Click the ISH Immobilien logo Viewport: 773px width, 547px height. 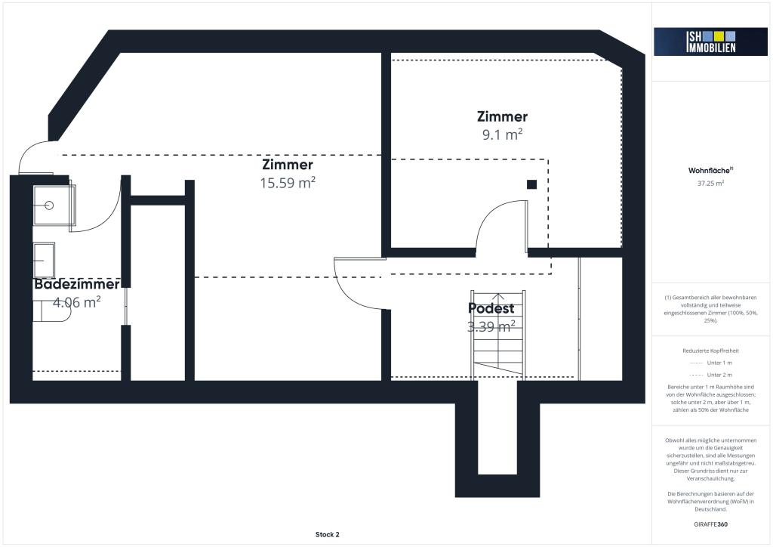click(710, 42)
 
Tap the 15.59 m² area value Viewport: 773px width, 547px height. click(288, 183)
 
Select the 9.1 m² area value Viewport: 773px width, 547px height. click(502, 134)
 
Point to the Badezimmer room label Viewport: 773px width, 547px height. click(77, 284)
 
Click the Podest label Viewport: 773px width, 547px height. click(491, 308)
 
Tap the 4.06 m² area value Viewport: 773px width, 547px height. click(77, 302)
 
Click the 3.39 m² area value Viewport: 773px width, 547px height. click(491, 326)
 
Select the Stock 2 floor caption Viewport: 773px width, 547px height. click(328, 534)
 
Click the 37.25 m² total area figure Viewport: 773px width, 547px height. click(710, 183)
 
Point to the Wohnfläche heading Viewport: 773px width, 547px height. click(710, 171)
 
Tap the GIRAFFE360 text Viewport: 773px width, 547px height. click(710, 524)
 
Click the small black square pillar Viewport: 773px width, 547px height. click(531, 184)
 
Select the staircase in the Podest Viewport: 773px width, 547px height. click(498, 334)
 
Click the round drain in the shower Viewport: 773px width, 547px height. click(49, 206)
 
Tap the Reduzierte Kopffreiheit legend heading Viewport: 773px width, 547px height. click(710, 351)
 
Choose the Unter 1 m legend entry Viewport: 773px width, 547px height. click(710, 363)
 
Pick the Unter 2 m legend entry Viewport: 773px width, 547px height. click(710, 375)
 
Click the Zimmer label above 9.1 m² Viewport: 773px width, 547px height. click(502, 116)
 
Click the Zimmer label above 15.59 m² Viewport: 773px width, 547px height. click(288, 164)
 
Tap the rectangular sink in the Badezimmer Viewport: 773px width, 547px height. click(44, 260)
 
